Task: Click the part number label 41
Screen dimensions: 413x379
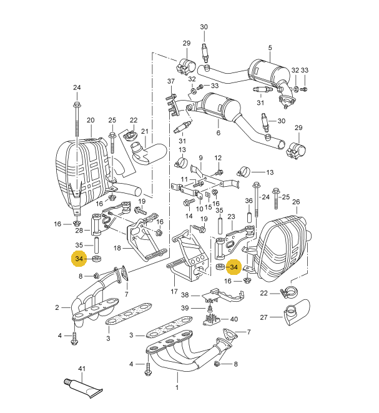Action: coord(81,369)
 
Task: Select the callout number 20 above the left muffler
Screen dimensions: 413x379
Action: coord(90,120)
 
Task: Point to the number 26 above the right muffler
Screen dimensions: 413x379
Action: coord(296,202)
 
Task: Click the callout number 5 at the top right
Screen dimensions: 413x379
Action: coord(270,47)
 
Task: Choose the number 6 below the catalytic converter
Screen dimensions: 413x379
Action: coord(219,133)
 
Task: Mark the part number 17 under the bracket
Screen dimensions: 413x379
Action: coord(174,291)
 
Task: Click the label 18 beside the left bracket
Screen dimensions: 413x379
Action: coord(117,248)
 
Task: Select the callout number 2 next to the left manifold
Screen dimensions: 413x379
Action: coord(56,307)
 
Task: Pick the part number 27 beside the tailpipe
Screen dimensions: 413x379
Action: coord(263,317)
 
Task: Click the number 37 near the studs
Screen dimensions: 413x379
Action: coord(171,82)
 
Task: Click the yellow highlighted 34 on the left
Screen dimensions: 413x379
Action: coord(79,259)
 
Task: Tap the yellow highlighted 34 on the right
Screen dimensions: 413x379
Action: coord(234,267)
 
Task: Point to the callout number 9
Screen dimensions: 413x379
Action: coord(201,157)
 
